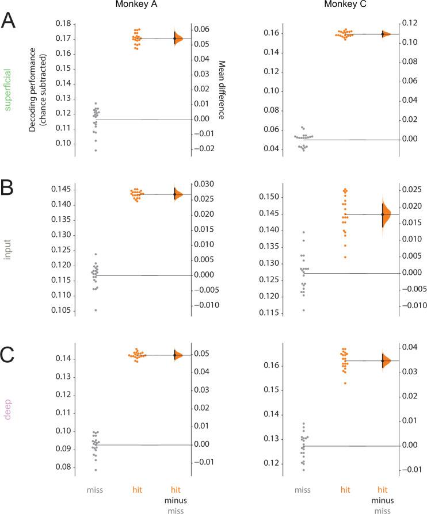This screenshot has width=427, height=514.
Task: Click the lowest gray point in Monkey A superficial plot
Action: pyautogui.click(x=95, y=150)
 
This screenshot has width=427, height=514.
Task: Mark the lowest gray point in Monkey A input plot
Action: pyautogui.click(x=95, y=310)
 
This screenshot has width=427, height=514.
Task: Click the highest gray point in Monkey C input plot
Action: pyautogui.click(x=303, y=232)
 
